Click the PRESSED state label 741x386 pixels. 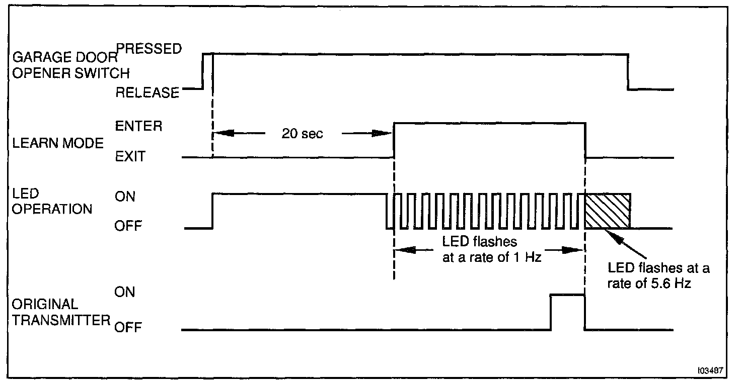point(149,48)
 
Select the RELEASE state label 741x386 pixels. point(147,93)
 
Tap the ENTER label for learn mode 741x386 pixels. point(138,126)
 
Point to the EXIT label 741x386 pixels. point(130,157)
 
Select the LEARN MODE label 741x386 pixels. point(57,144)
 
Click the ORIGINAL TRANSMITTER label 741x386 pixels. point(60,312)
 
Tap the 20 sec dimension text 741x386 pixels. point(302,134)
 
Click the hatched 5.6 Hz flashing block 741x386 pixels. point(607,211)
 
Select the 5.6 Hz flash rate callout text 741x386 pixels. point(658,275)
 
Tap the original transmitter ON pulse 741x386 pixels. point(568,312)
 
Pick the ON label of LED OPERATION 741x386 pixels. point(125,197)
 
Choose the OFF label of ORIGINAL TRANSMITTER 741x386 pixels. point(128,328)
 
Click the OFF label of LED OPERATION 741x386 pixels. point(128,226)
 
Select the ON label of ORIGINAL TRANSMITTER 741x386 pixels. point(125,292)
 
